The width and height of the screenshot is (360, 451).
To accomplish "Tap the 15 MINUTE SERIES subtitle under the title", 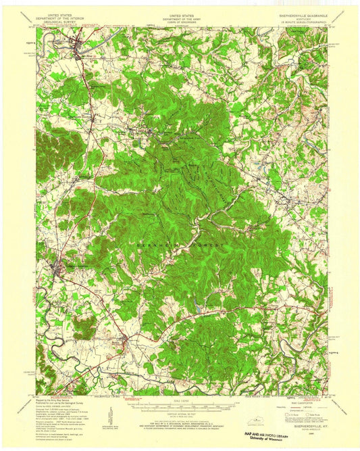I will tap(303, 25).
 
